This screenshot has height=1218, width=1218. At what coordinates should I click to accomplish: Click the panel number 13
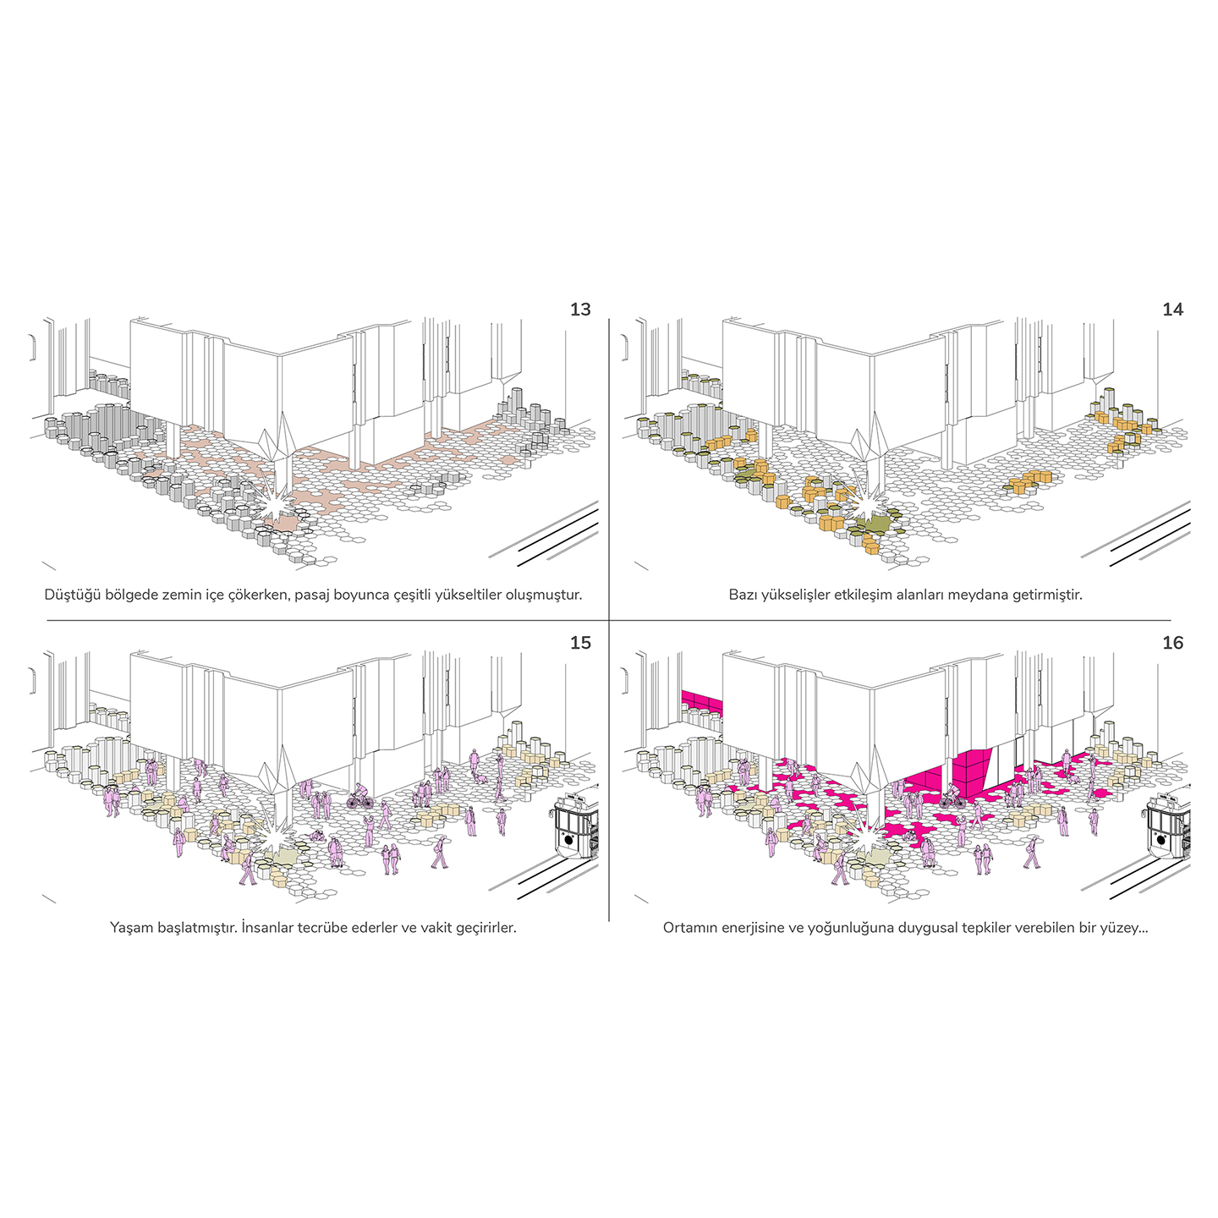[579, 310]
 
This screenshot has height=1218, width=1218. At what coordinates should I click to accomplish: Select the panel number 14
[1172, 310]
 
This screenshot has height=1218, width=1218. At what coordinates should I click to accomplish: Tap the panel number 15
[579, 643]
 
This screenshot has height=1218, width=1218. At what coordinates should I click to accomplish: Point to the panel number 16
[1172, 643]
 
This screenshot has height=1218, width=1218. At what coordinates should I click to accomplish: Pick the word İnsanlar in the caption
[268, 928]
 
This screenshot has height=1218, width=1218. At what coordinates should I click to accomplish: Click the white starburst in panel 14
[864, 502]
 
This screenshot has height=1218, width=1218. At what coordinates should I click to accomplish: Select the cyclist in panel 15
[359, 797]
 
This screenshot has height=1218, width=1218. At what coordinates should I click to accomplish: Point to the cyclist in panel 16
[952, 797]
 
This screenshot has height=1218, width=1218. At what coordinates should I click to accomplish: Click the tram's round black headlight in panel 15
[568, 840]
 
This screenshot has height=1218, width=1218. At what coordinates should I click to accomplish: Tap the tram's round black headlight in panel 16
[1160, 840]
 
